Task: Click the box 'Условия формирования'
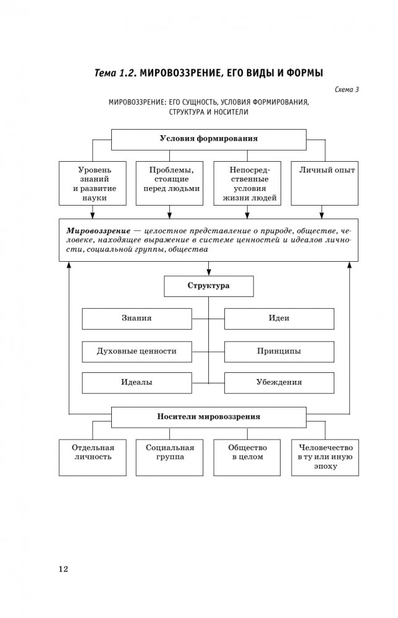[x=208, y=139]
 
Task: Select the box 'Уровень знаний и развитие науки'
[x=93, y=183]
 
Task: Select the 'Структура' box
[x=208, y=286]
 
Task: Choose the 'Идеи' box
[x=279, y=319]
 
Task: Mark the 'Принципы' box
[x=279, y=351]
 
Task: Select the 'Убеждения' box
[x=279, y=382]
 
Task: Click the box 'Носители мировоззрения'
[x=208, y=417]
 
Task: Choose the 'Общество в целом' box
[x=247, y=457]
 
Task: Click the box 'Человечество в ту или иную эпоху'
[x=326, y=457]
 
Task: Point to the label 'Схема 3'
[x=347, y=90]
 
